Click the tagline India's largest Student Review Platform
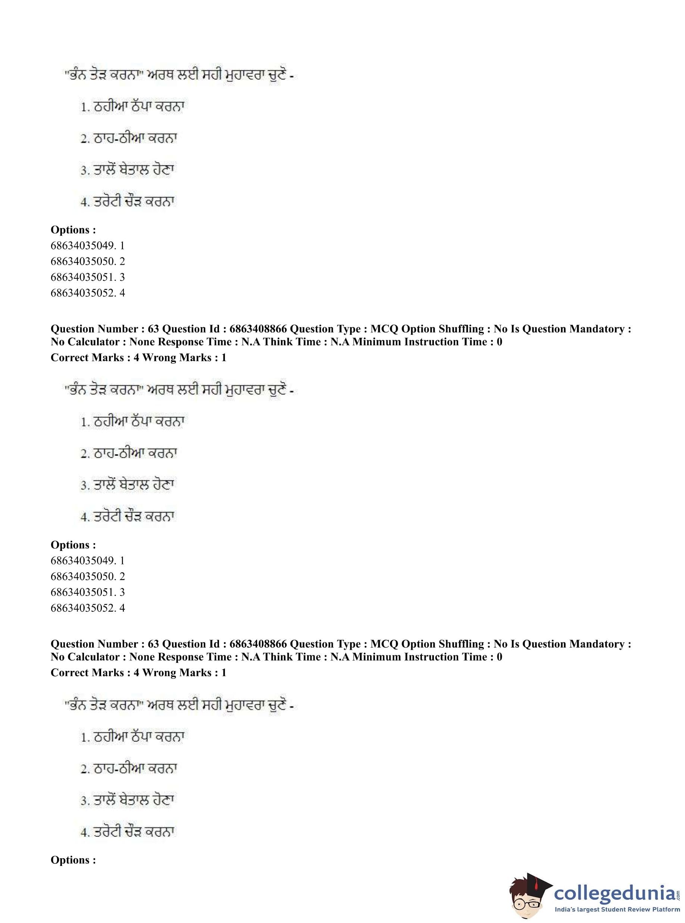[617, 909]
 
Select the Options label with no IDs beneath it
[73, 860]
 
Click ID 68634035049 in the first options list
[83, 245]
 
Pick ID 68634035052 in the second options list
[83, 608]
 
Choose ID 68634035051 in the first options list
[83, 277]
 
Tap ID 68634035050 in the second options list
[83, 576]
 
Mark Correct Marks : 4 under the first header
[94, 357]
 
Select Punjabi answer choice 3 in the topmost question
[128, 170]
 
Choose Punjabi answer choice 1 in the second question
[132, 422]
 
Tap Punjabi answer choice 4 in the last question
[128, 832]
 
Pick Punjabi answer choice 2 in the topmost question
[129, 138]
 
